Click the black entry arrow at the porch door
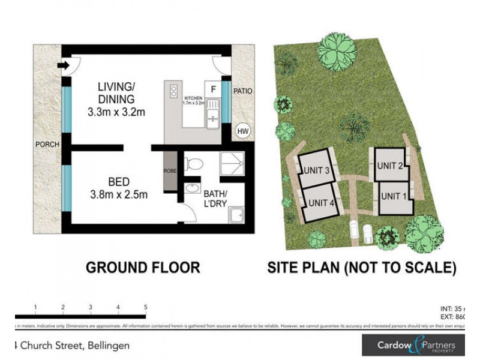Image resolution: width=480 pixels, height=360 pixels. (x=62, y=65)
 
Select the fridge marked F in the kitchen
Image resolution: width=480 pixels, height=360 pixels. (x=212, y=89)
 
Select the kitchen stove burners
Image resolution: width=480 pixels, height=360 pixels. (x=173, y=91)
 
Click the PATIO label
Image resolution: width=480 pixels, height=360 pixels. (x=243, y=92)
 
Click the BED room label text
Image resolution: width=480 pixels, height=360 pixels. (x=119, y=181)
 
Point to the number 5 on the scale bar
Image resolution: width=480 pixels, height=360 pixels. (x=145, y=307)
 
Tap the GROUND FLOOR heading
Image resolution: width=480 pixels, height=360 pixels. (x=143, y=268)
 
